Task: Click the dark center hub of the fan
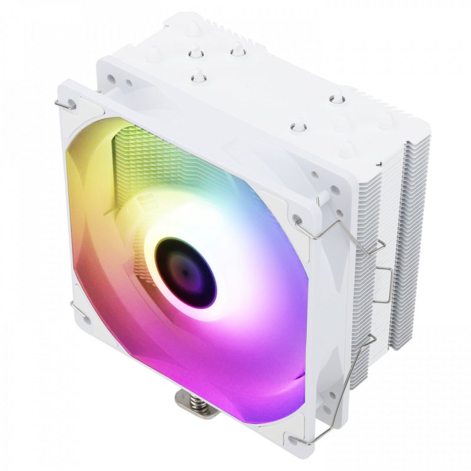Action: [185, 272]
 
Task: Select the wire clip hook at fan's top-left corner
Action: [66, 105]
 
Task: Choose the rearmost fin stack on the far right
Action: [412, 235]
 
